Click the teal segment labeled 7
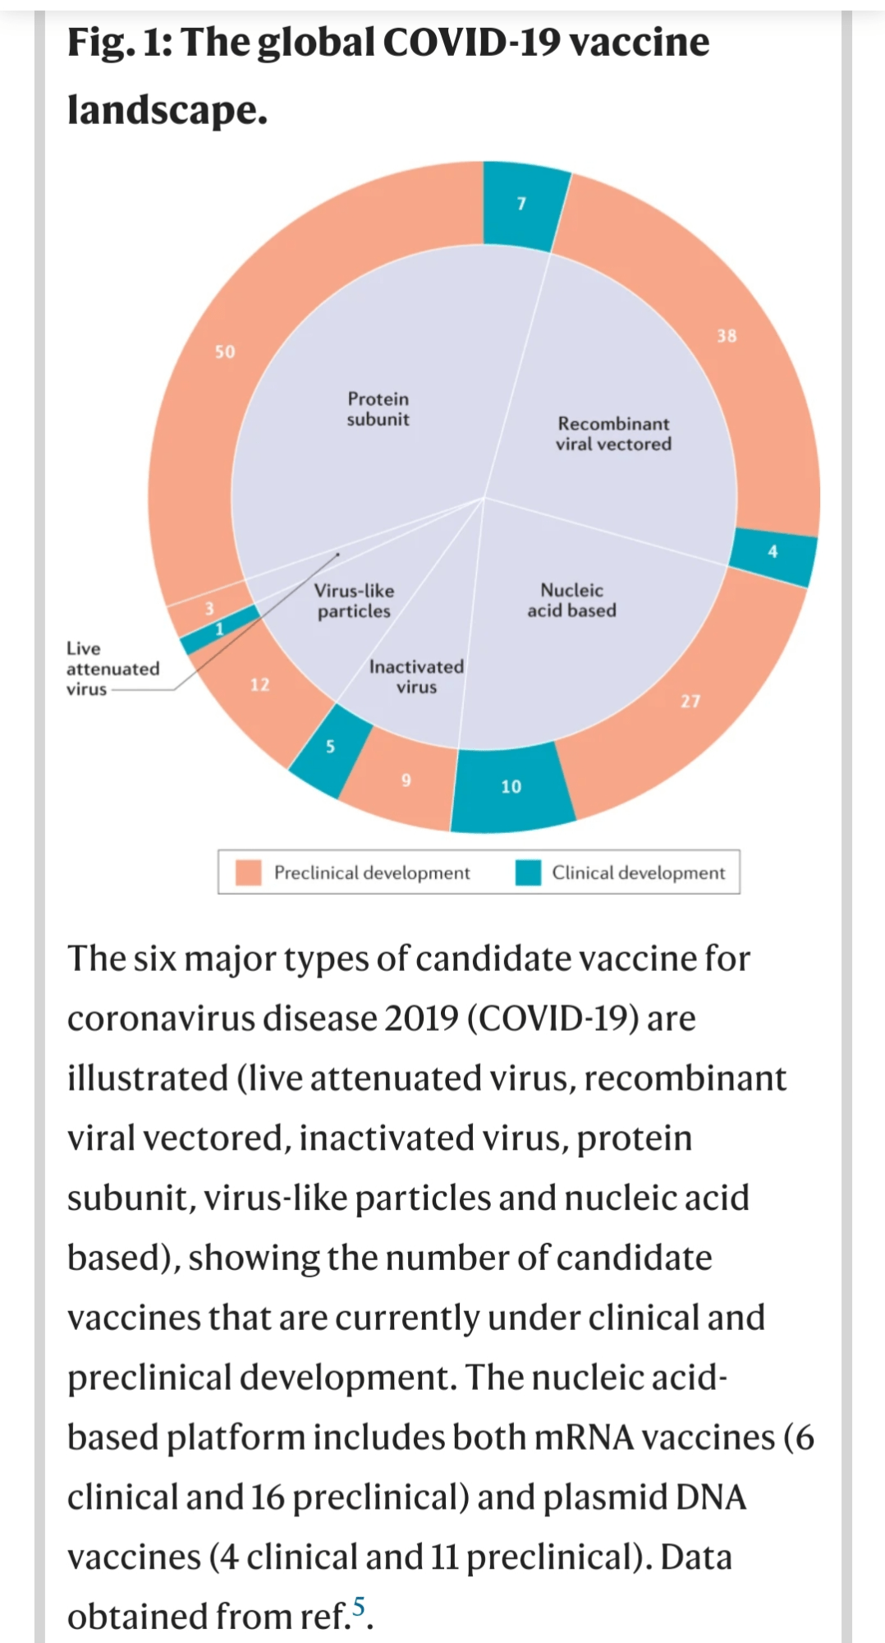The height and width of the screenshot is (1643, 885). click(x=522, y=205)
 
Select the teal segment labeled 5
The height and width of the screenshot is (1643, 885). click(x=330, y=747)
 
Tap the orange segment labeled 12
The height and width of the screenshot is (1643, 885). click(x=259, y=685)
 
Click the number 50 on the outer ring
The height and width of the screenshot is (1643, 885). click(x=225, y=352)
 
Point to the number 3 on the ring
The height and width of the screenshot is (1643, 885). click(x=209, y=608)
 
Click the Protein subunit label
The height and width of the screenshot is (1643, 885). click(x=378, y=409)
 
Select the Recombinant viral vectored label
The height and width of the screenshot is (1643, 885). click(x=613, y=434)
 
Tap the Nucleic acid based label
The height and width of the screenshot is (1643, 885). click(x=571, y=601)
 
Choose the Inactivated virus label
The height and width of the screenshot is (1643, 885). click(x=416, y=677)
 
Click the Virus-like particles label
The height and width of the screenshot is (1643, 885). click(x=354, y=601)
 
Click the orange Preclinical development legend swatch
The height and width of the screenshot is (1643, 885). click(x=248, y=872)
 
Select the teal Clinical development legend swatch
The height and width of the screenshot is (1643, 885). click(x=528, y=872)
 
